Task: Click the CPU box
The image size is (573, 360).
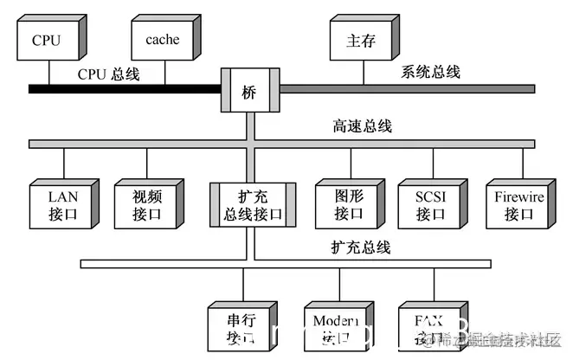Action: click(48, 39)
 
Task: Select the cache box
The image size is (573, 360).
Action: click(162, 39)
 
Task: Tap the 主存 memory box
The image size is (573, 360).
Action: click(359, 40)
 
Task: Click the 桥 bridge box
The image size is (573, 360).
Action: click(249, 89)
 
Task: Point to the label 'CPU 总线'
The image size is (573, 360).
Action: click(108, 74)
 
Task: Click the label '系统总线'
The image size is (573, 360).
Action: click(430, 72)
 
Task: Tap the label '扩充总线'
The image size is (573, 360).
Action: click(361, 247)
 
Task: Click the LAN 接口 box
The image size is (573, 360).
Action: click(62, 206)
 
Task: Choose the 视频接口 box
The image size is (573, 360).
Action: click(146, 206)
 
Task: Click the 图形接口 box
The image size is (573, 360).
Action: click(349, 206)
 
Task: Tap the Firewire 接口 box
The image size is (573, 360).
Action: click(518, 206)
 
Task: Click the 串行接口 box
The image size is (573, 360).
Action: click(240, 327)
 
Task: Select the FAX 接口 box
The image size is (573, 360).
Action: click(429, 327)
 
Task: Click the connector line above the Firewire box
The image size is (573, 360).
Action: click(523, 164)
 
